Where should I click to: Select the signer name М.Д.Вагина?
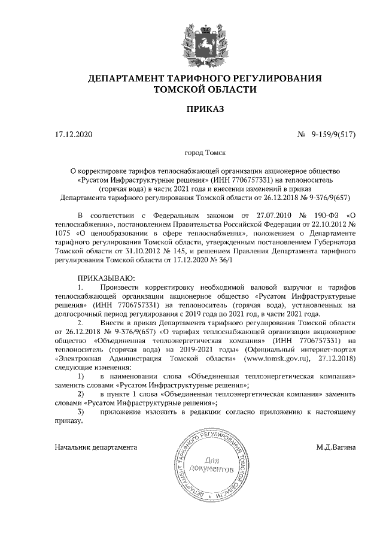(x=336, y=447)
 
